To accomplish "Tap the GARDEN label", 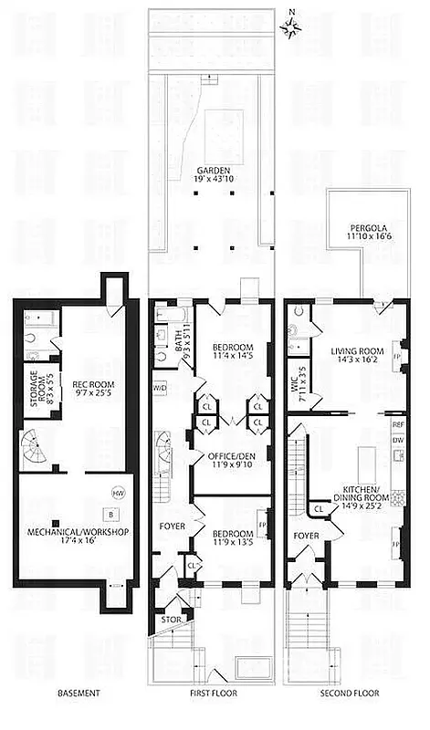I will click(x=211, y=174).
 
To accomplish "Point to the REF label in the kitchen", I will click(x=398, y=425).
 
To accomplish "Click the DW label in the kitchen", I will click(x=398, y=441).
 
